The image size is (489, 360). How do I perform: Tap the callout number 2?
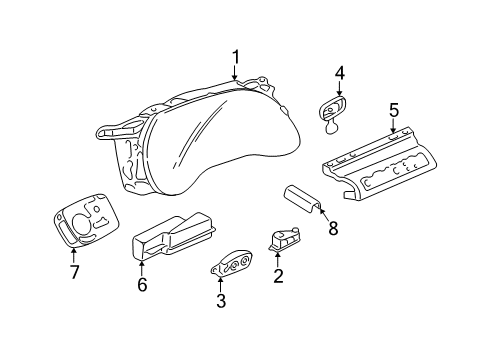click(x=278, y=274)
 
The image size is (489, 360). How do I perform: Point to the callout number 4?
click(x=339, y=72)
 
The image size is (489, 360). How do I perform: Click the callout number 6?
click(x=141, y=285)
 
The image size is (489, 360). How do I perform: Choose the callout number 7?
click(x=73, y=272)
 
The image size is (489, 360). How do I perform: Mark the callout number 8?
click(x=332, y=228)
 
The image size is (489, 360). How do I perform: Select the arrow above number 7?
click(x=73, y=257)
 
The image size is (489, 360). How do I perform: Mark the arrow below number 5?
click(x=393, y=124)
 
